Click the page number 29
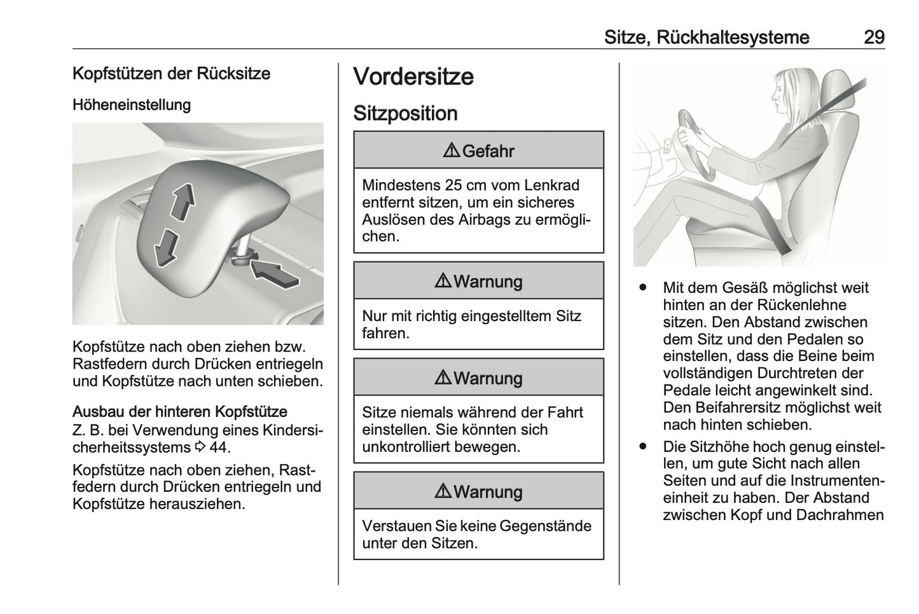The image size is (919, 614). pos(874,37)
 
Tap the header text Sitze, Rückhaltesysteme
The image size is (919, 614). pos(707,37)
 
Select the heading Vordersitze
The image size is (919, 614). pos(413,77)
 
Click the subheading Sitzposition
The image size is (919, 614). pos(405,113)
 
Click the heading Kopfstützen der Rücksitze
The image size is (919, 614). pos(171,73)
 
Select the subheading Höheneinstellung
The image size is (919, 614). pos(132,104)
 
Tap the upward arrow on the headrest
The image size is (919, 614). pos(183,201)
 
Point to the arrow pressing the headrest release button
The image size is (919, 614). pos(273,272)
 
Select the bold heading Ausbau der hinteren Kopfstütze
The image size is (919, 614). pos(180,411)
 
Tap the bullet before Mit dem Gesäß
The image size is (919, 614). pos(644,287)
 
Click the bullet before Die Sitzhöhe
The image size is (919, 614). pos(644,446)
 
